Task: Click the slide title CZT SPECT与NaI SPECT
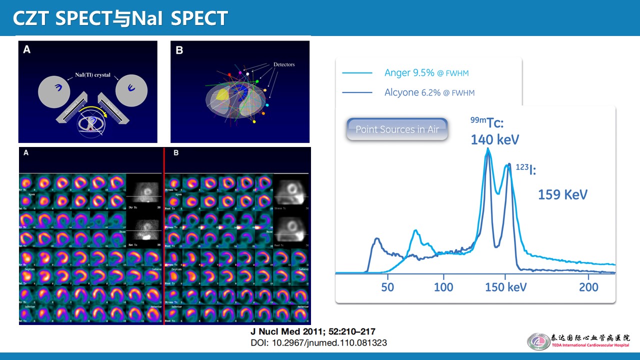[x=120, y=18]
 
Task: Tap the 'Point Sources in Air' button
[x=397, y=129]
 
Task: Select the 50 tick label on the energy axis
[x=387, y=287]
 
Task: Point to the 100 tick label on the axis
[x=443, y=287]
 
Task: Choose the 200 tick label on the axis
[x=588, y=287]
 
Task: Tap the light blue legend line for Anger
[x=357, y=73]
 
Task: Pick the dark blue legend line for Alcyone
[x=357, y=92]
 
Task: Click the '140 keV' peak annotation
[x=494, y=139]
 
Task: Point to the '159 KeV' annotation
[x=562, y=194]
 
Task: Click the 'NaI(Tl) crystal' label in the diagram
[x=87, y=73]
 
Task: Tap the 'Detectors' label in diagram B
[x=284, y=64]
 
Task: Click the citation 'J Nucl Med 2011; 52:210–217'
[x=312, y=332]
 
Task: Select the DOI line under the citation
[x=318, y=343]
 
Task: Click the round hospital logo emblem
[x=538, y=341]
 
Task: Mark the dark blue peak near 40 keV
[x=376, y=240]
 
